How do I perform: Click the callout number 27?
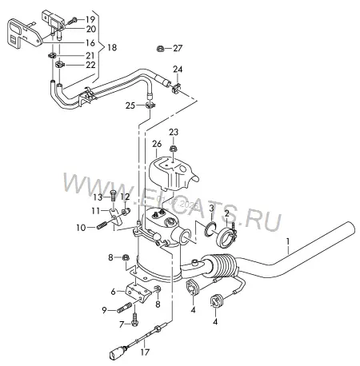pos(178,48)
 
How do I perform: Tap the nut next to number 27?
pos(160,49)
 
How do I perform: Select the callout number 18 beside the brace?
pos(112,47)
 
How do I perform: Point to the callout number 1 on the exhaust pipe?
pos(288,241)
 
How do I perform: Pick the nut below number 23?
pos(173,149)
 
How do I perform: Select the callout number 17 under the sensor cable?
pos(145,352)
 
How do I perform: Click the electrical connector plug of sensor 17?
pos(117,354)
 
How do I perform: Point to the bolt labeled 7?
pos(134,320)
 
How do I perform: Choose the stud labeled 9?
pos(124,308)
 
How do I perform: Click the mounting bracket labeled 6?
pos(138,292)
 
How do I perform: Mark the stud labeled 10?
pos(102,225)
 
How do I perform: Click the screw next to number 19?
pos(73,21)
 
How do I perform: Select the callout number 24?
pos(178,69)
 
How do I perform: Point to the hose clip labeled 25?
pos(151,105)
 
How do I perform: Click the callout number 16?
pos(90,42)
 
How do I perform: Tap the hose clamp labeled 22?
pos(59,64)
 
